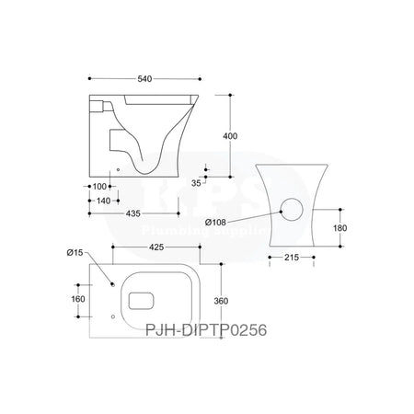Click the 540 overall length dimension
click(x=143, y=80)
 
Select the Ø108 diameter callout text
click(x=217, y=222)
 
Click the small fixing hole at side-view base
click(x=119, y=170)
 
